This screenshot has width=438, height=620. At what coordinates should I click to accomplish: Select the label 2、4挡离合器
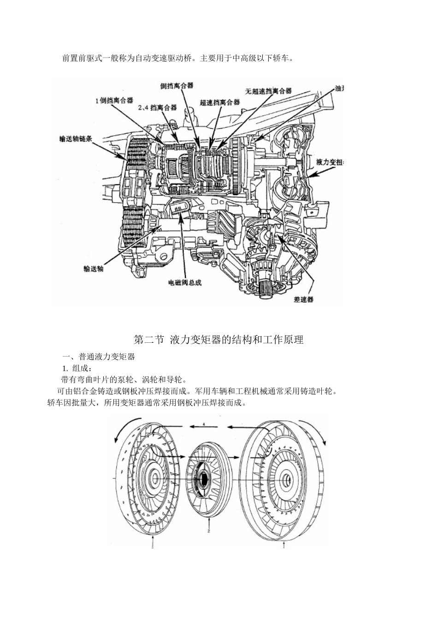(157, 107)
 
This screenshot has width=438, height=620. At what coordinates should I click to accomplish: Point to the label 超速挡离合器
(220, 102)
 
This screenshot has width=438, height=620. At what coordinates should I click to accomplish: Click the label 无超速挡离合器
(269, 91)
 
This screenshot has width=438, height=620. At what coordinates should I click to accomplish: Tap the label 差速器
(303, 299)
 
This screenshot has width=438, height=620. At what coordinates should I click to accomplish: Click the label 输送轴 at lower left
(94, 268)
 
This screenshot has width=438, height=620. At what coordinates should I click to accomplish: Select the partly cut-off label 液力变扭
(330, 162)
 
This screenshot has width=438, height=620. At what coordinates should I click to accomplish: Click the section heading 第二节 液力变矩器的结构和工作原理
(219, 340)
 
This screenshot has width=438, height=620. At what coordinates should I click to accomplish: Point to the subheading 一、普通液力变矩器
(98, 357)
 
